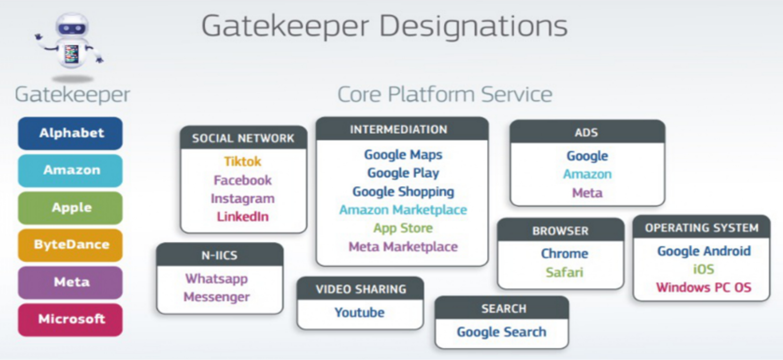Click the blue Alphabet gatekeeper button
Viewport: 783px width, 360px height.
point(70,133)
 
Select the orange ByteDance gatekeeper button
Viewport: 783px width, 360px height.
point(70,245)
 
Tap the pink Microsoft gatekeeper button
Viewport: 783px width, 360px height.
point(70,319)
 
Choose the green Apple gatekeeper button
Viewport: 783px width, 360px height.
point(70,207)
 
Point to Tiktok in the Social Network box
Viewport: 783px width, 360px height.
point(243,162)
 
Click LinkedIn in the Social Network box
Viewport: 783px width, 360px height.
point(243,217)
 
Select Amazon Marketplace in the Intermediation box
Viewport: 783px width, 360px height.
point(403,210)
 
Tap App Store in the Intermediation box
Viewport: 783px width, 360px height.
point(403,228)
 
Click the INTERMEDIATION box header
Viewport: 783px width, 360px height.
point(402,129)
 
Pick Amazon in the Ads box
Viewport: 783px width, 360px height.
point(587,174)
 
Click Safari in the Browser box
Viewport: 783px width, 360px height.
point(564,272)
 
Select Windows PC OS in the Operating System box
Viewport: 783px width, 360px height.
point(703,287)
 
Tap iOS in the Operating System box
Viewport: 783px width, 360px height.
point(703,269)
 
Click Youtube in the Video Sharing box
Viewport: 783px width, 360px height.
point(359,312)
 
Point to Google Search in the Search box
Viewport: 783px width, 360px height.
point(502,332)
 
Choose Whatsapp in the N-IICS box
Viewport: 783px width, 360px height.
point(216,279)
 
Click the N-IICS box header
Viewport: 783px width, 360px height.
point(220,255)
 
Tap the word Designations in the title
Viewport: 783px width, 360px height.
point(473,26)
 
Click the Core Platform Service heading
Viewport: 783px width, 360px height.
point(444,95)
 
